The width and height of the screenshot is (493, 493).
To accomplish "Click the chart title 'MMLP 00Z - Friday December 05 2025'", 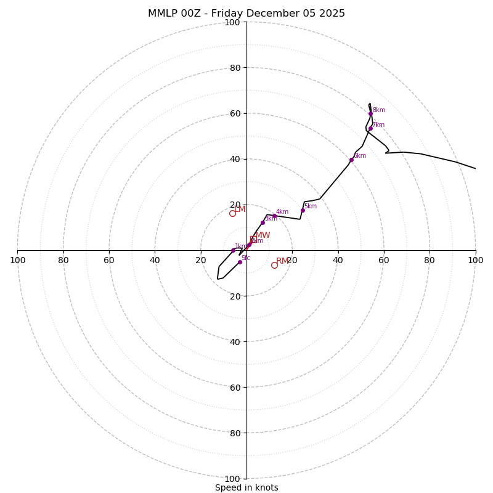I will pyautogui.click(x=246, y=14).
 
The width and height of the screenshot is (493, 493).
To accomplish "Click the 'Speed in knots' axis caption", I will pyautogui.click(x=246, y=487).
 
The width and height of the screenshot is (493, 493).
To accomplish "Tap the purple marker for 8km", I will pyautogui.click(x=370, y=113).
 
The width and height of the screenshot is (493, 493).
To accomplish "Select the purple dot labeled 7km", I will pyautogui.click(x=370, y=128).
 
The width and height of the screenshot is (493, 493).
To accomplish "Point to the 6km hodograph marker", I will pyautogui.click(x=351, y=160).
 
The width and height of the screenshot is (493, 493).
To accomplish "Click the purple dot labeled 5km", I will pyautogui.click(x=303, y=210).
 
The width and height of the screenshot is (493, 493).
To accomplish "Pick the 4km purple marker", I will pyautogui.click(x=274, y=216).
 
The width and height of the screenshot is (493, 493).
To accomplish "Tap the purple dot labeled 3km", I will pyautogui.click(x=263, y=222).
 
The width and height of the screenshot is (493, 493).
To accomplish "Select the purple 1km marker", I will pyautogui.click(x=233, y=250).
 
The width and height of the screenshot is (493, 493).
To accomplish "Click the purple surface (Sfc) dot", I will pyautogui.click(x=240, y=262).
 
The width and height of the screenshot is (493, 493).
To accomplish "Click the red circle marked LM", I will pyautogui.click(x=232, y=213).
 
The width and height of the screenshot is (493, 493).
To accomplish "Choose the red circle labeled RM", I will pyautogui.click(x=274, y=265).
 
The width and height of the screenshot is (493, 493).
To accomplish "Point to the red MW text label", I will pyautogui.click(x=263, y=235).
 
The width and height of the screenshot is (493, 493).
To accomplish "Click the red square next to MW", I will pyautogui.click(x=253, y=238).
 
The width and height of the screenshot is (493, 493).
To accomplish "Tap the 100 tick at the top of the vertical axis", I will pyautogui.click(x=232, y=22).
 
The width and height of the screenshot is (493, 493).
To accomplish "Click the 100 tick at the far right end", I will pyautogui.click(x=475, y=260).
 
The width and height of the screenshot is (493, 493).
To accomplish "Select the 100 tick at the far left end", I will pyautogui.click(x=17, y=260).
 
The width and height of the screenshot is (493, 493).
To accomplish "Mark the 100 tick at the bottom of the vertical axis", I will pyautogui.click(x=232, y=478).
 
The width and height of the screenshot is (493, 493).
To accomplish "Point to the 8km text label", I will pyautogui.click(x=379, y=110).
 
